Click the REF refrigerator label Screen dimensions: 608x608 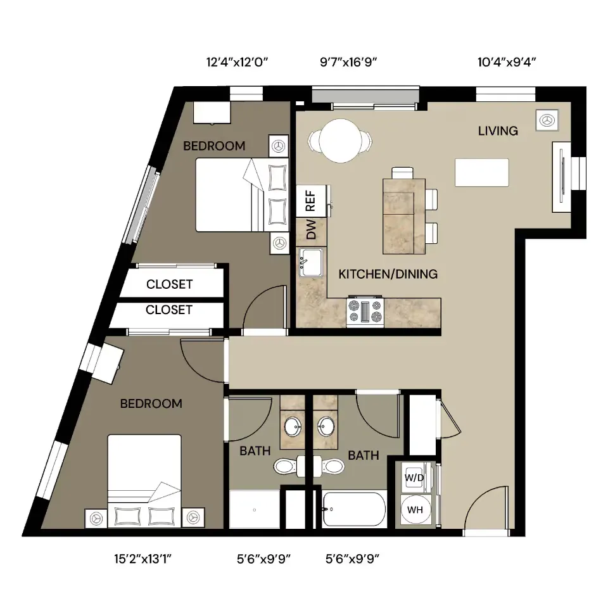pos(310,201)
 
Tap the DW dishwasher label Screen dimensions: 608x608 pos(311,229)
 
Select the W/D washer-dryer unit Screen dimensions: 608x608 pos(414,478)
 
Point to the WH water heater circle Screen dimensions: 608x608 pos(414,509)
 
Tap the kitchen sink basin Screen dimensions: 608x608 pos(310,262)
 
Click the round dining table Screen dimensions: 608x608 pos(340,141)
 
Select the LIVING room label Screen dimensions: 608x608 pos(498,131)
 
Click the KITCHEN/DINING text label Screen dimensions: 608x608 pos(388,274)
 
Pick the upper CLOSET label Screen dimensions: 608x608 pos(170,284)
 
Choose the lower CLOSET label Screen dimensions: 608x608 pos(169,310)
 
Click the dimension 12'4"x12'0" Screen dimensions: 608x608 pos(237,62)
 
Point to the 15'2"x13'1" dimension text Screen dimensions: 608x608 pos(142,559)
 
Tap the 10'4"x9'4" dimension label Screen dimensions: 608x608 pos(507,62)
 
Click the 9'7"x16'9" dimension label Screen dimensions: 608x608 pos(348,62)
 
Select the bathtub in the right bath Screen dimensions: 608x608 pos(354,509)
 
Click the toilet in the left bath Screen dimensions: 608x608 pos(288,465)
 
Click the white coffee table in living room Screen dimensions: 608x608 pos(481,172)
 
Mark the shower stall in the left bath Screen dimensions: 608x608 pos(255,509)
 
